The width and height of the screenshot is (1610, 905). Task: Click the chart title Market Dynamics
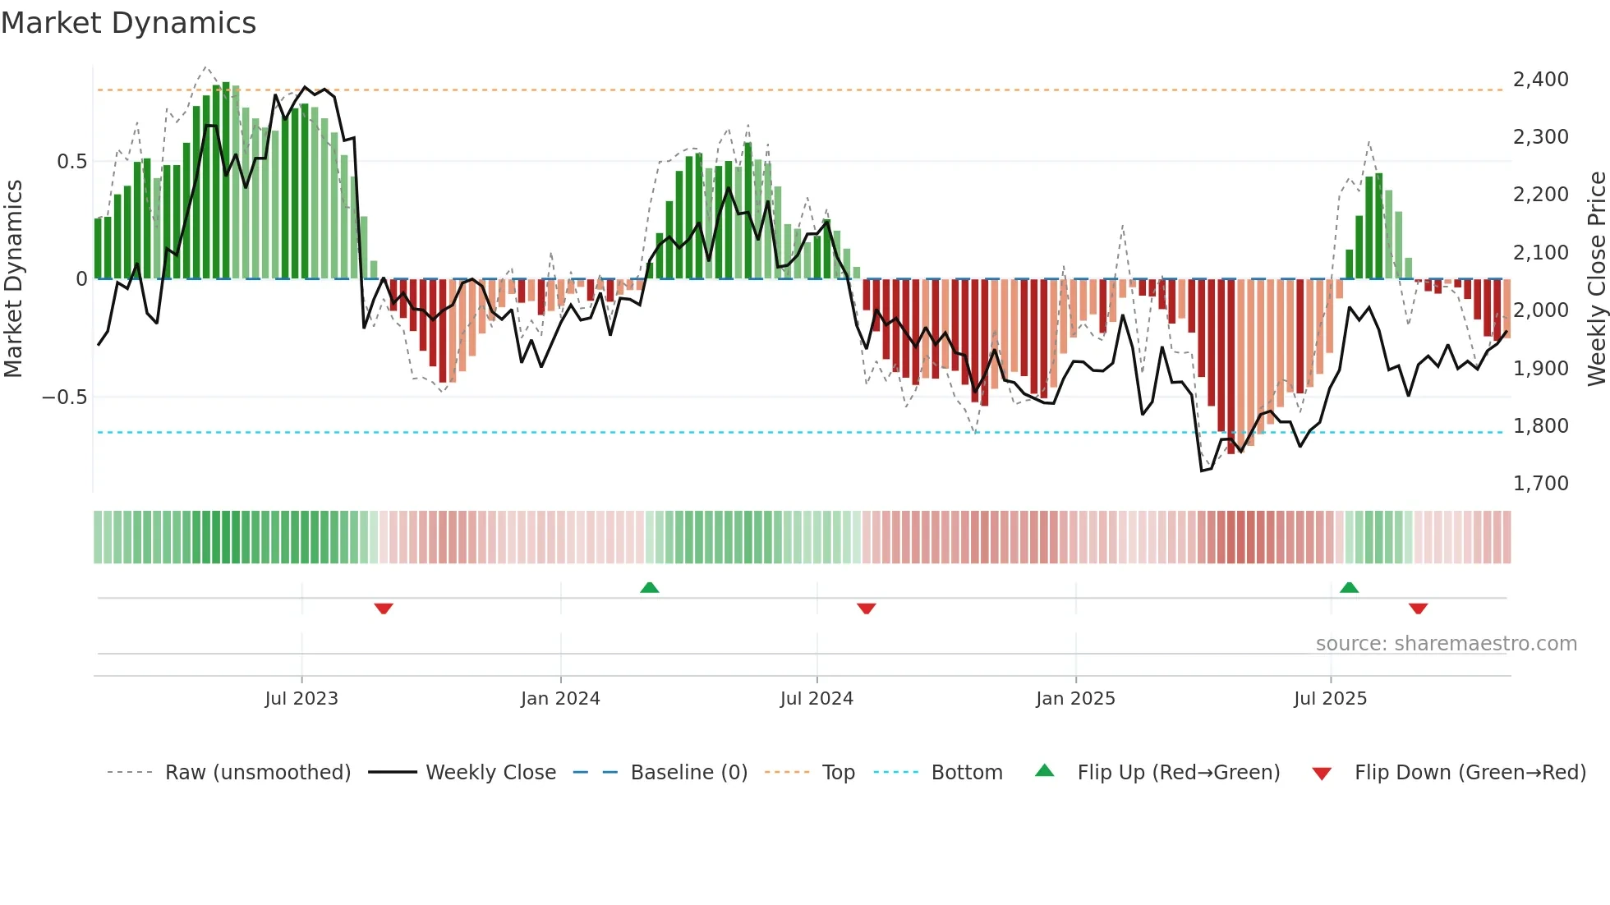pyautogui.click(x=128, y=23)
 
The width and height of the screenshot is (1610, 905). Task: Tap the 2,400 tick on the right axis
pyautogui.click(x=1540, y=80)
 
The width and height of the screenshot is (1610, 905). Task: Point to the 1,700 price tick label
pyautogui.click(x=1540, y=484)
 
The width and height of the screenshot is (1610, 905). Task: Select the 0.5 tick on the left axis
pyautogui.click(x=71, y=162)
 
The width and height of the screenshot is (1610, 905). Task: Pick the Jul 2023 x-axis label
pyautogui.click(x=301, y=699)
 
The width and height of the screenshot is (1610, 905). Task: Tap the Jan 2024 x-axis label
pyautogui.click(x=560, y=699)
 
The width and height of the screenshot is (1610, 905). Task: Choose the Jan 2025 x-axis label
pyautogui.click(x=1075, y=699)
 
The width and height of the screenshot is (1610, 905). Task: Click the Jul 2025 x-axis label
pyautogui.click(x=1330, y=699)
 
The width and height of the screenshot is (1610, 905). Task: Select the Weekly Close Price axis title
pyautogui.click(x=1596, y=278)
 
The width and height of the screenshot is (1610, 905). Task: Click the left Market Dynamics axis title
pyautogui.click(x=13, y=278)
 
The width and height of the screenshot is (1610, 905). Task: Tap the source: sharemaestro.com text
pyautogui.click(x=1446, y=644)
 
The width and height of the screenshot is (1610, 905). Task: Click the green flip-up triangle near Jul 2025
pyautogui.click(x=1349, y=587)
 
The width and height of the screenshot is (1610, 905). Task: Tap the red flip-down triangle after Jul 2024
pyautogui.click(x=866, y=609)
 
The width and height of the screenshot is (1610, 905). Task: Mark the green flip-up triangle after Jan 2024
pyautogui.click(x=649, y=587)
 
